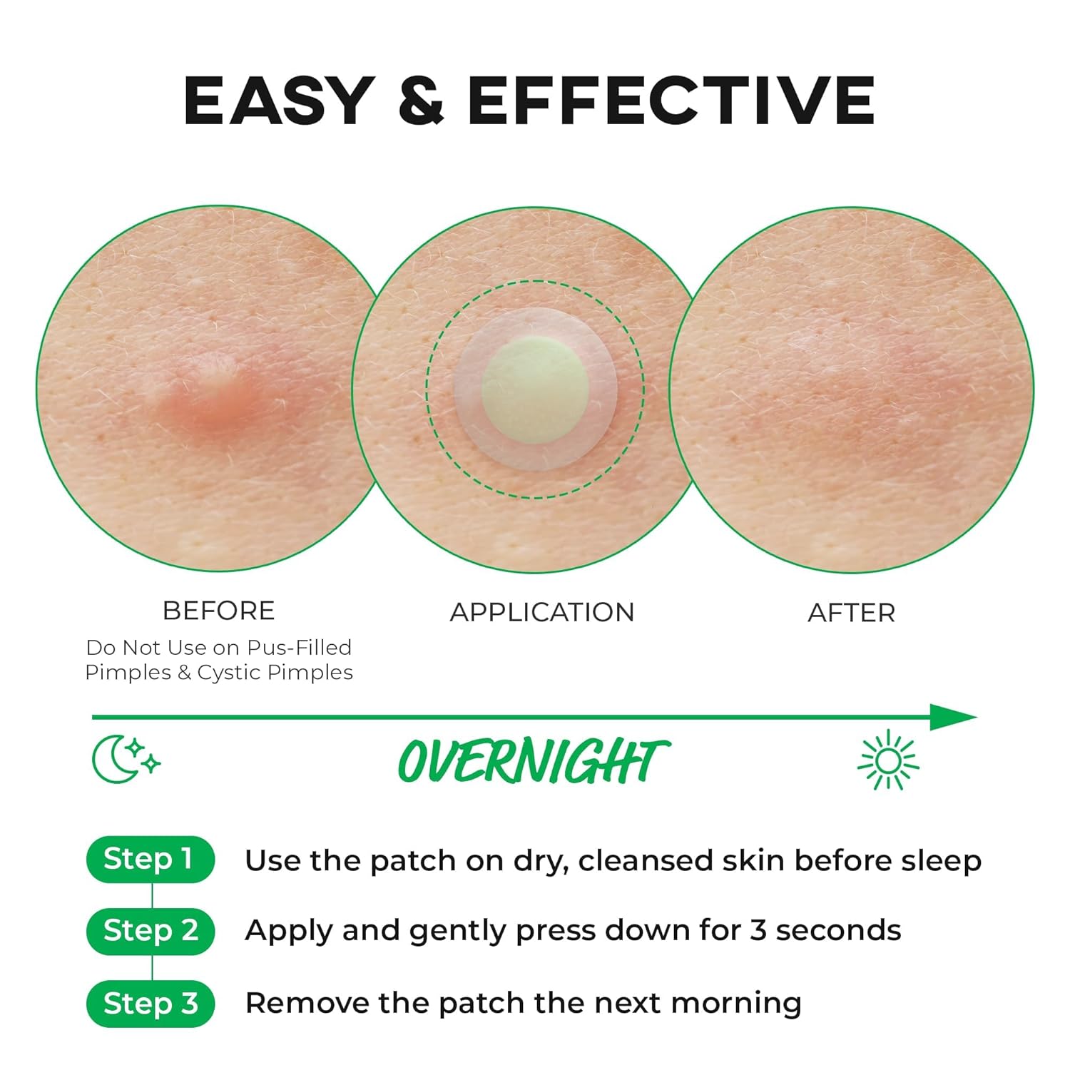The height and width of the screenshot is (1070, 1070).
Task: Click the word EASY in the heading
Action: click(279, 100)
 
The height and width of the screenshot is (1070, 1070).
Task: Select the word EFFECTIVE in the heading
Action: click(671, 100)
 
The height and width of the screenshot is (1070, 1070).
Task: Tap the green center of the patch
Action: click(535, 391)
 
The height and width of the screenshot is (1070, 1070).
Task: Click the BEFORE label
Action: click(218, 611)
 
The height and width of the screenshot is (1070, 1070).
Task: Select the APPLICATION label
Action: click(542, 612)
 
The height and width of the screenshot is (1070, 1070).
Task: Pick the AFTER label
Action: click(851, 613)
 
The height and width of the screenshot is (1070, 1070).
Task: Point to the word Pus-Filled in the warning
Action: click(300, 647)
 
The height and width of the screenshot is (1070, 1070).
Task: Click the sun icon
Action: click(888, 760)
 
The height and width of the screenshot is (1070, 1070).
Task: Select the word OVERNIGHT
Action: click(534, 760)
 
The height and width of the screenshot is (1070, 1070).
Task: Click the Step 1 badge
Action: click(151, 860)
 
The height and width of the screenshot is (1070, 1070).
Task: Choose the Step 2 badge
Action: click(151, 931)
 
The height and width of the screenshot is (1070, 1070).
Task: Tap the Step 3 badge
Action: click(151, 1004)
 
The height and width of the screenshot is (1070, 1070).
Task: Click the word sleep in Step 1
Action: click(941, 861)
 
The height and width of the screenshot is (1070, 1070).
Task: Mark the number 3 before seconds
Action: click(758, 930)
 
